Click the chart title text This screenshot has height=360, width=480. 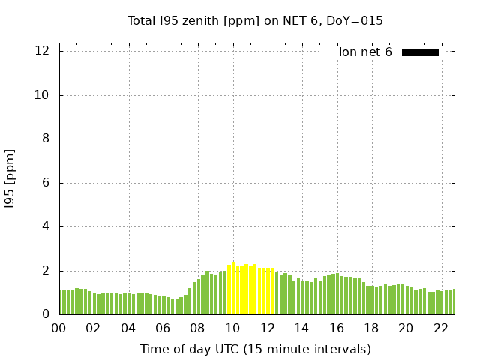point(255,21)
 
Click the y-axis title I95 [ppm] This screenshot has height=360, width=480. point(10,178)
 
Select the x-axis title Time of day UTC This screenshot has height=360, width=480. point(255,349)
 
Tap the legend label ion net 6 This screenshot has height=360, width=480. point(365,52)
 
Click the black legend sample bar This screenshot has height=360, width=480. point(420,52)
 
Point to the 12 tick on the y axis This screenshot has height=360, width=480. point(43,51)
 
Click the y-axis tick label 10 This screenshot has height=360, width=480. point(43,95)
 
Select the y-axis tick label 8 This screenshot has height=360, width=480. point(46,139)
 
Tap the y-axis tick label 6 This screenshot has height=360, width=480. point(46,183)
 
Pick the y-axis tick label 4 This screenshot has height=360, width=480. point(46,226)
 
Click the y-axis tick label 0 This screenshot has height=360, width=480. point(46,314)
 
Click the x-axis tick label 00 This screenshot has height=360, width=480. point(59,328)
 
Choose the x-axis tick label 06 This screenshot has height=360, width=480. point(163,328)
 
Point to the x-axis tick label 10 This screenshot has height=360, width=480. point(232,328)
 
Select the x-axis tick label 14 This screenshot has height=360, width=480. point(301,328)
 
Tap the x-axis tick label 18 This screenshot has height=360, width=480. point(370,328)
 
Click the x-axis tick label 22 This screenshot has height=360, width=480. point(440,328)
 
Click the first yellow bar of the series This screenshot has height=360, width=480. point(229,290)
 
